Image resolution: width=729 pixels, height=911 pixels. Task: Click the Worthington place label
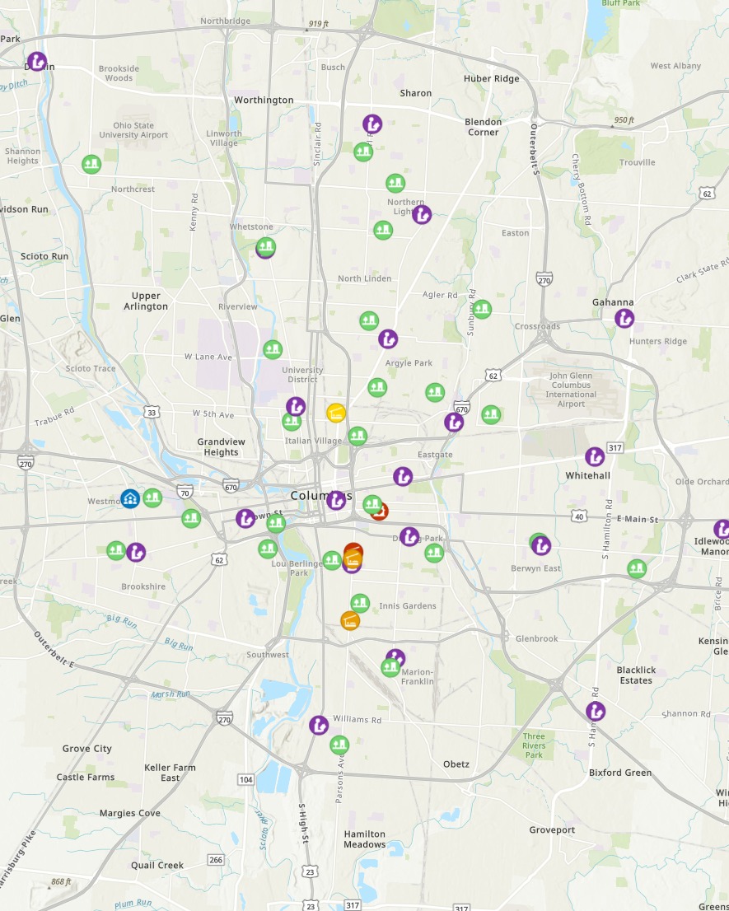click(264, 100)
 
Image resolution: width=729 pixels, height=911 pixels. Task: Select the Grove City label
click(86, 749)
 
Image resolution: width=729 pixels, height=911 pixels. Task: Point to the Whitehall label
click(587, 476)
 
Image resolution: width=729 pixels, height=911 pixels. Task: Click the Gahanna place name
click(613, 302)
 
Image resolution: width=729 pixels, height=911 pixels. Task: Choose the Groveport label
click(552, 829)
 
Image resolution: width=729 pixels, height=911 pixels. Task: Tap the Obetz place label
click(456, 764)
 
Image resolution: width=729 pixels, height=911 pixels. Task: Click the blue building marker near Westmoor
click(130, 498)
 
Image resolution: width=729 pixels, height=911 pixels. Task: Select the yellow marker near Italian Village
click(335, 413)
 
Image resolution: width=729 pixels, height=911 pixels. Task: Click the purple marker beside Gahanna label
click(624, 318)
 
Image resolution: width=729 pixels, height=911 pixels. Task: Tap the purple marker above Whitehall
click(595, 456)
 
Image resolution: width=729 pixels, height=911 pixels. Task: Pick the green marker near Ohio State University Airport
click(91, 164)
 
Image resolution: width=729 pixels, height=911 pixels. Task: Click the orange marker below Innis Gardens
click(350, 620)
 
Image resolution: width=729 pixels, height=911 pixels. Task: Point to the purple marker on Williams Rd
click(319, 726)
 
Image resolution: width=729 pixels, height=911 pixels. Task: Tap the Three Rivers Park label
click(534, 745)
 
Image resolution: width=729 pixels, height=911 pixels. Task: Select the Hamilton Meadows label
click(364, 839)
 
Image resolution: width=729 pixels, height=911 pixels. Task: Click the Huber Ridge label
click(492, 79)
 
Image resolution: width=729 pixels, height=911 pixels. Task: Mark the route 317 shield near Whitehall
click(615, 448)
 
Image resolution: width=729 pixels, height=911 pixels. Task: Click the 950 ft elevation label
click(624, 120)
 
